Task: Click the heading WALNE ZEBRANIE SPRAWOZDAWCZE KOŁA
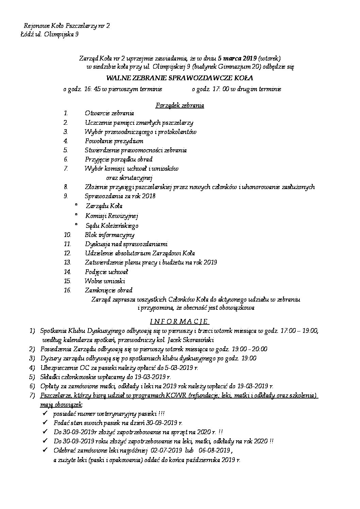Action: (180, 78)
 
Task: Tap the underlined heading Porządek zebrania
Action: (180, 105)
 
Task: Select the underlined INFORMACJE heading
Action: (179, 321)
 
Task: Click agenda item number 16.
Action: (67, 290)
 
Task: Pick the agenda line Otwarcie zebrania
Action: (109, 113)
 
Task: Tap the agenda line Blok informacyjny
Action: (110, 235)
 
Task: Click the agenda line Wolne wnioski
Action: (105, 281)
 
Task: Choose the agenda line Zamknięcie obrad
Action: (109, 290)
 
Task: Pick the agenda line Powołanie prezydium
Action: (114, 141)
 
